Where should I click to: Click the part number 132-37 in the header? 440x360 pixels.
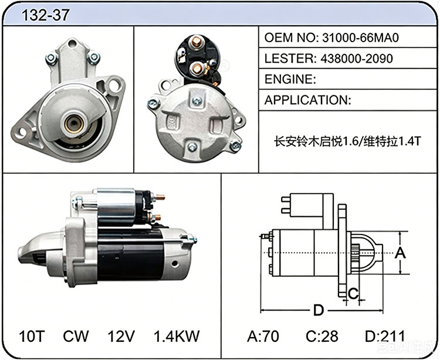(x=45, y=15)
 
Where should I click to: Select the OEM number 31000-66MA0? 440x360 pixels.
(x=360, y=38)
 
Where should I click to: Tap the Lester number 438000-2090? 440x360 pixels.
(x=356, y=58)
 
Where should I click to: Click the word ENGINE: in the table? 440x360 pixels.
(x=290, y=79)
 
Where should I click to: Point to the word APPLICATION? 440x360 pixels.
(x=307, y=100)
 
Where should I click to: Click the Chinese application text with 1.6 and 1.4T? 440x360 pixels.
(x=347, y=141)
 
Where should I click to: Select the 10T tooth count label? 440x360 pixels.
(x=32, y=336)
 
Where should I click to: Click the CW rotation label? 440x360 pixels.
(x=76, y=336)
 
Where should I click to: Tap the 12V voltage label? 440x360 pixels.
(x=121, y=336)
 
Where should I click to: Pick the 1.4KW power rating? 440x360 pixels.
(x=177, y=336)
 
